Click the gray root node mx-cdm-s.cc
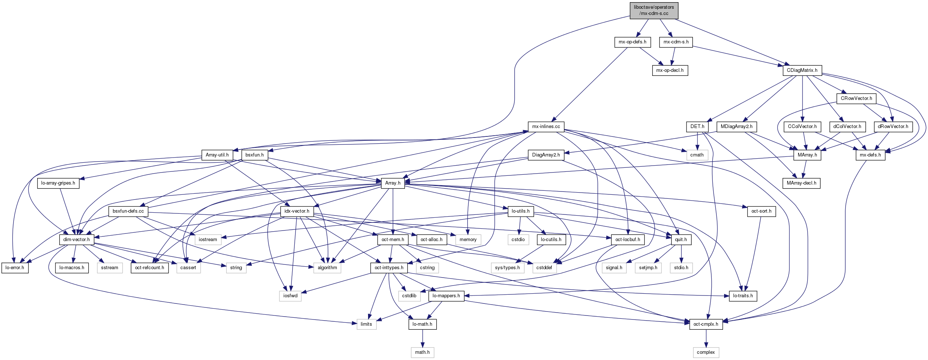[654, 10]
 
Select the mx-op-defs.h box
[632, 42]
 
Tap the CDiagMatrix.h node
[802, 70]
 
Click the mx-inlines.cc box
[546, 127]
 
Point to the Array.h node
[393, 183]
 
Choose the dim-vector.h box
[76, 240]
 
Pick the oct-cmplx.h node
[706, 324]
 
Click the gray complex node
[706, 352]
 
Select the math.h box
[422, 352]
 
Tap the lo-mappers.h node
[446, 296]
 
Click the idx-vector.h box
[297, 211]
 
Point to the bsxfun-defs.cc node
[128, 211]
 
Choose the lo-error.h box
[15, 268]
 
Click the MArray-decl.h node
[801, 183]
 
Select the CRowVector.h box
[856, 98]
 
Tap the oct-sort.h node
[761, 211]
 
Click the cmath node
[697, 155]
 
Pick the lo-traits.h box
[743, 296]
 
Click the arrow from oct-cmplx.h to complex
[706, 338]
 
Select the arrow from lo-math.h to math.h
[422, 338]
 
